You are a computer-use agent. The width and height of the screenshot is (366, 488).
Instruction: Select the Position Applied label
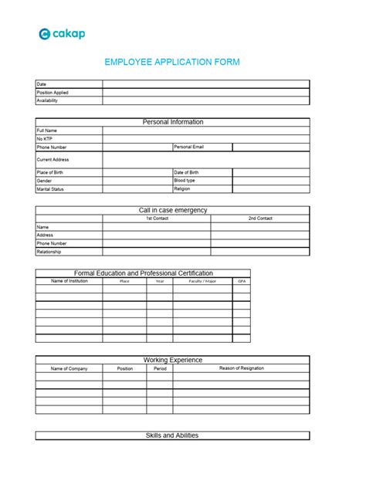tap(53, 92)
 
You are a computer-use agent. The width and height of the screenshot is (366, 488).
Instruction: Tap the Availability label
tap(47, 100)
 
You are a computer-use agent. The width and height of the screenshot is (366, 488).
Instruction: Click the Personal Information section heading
tap(172, 122)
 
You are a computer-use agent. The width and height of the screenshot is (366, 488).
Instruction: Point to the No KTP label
tap(44, 138)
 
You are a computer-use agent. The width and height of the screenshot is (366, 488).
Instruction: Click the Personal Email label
tap(189, 146)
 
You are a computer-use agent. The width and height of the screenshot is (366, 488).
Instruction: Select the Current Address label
tap(53, 159)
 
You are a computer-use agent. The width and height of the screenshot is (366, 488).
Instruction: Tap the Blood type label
tap(185, 180)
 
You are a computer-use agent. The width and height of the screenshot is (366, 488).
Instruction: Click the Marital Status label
tap(50, 188)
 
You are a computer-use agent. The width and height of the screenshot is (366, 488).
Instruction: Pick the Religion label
tap(182, 188)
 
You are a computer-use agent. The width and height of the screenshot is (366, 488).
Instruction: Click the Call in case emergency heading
tap(172, 210)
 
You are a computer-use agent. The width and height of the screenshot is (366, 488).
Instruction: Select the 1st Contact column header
tap(157, 219)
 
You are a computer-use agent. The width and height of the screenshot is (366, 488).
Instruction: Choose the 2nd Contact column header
tap(260, 219)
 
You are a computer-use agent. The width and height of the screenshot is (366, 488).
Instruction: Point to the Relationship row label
tap(49, 252)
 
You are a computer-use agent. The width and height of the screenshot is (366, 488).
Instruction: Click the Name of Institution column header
tap(69, 281)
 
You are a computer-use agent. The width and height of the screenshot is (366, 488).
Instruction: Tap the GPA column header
tap(242, 281)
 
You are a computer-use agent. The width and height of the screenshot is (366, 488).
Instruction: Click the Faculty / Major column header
tap(202, 281)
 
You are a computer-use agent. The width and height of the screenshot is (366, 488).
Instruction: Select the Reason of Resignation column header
tap(241, 368)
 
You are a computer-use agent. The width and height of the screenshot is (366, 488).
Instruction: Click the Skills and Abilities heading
tap(172, 435)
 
